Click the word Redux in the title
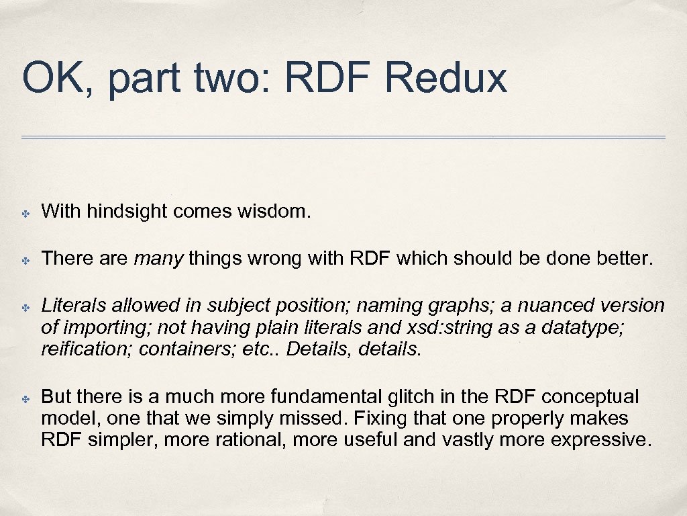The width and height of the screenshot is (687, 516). coord(445,78)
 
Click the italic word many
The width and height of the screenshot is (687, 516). coord(158,259)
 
